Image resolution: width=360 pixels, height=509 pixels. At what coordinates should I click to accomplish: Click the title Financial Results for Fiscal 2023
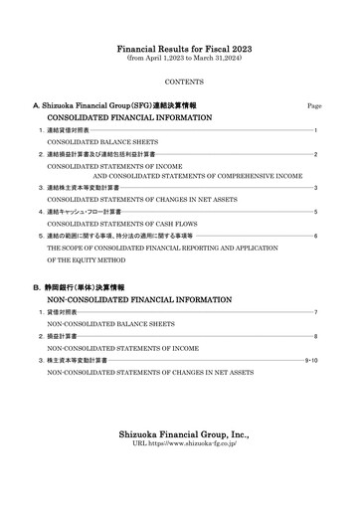179,48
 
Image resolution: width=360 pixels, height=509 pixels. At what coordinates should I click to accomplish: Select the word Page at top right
314,105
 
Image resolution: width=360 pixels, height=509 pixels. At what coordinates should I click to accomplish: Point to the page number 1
315,130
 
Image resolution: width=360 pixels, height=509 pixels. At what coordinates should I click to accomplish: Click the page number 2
315,155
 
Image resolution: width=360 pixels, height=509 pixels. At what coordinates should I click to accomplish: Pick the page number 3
315,188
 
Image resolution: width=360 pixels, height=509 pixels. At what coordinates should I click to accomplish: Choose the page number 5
315,213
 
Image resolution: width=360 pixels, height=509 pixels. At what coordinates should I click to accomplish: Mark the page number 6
315,237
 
